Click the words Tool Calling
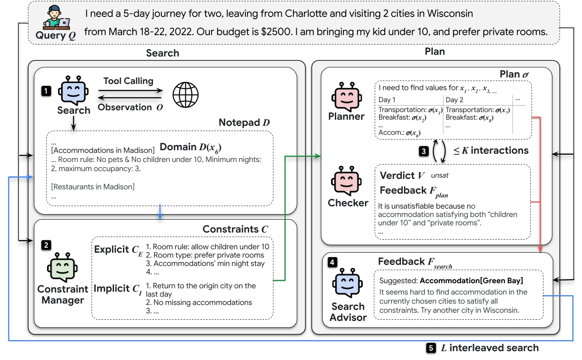click(x=128, y=81)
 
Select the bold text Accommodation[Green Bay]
click(x=471, y=281)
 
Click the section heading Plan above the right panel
click(x=434, y=51)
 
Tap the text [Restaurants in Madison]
click(x=92, y=186)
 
